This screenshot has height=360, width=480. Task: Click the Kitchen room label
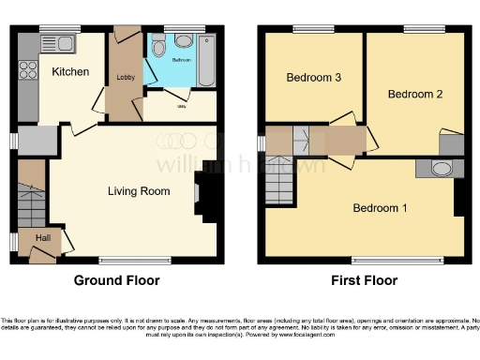coord(70,71)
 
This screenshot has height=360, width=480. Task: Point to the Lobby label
coord(124,77)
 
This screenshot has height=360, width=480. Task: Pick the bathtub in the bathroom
coord(207,58)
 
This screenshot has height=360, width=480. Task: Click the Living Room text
coord(139,191)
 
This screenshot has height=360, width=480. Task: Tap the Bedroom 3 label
coord(314,77)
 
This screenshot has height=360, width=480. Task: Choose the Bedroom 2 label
coord(415,94)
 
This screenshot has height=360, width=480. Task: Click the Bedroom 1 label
coord(380,207)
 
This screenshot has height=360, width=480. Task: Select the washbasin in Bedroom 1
coord(442,169)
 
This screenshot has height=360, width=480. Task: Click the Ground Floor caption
coord(117,280)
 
